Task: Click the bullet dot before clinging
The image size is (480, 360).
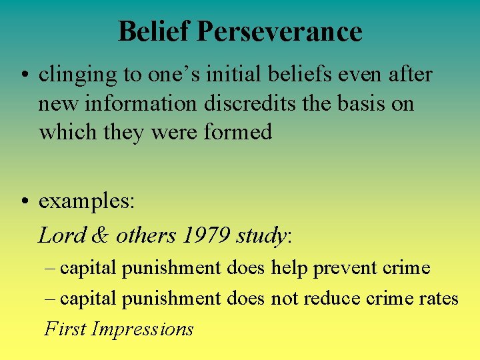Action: click(25, 76)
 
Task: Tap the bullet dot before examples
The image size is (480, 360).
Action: click(25, 201)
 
